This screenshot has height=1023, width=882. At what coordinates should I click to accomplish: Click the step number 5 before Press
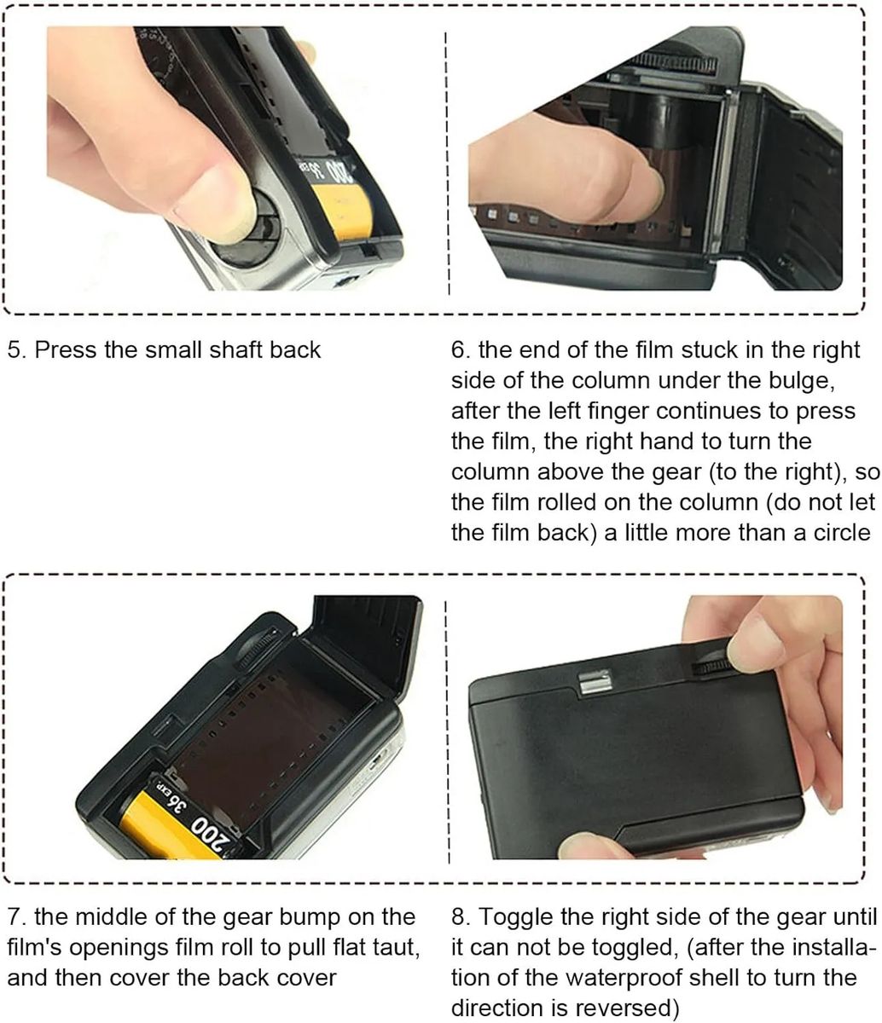17,350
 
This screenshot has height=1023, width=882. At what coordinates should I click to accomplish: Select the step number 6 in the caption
461,350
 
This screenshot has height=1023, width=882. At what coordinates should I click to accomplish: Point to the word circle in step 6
842,533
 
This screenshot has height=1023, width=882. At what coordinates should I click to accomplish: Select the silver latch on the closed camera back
595,681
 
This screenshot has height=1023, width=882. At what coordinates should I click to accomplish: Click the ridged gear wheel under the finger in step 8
711,667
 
